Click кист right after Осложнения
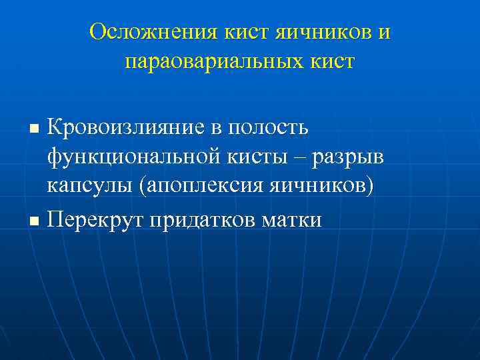click(x=232, y=32)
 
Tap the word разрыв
click(x=345, y=157)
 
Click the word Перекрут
click(x=97, y=219)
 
